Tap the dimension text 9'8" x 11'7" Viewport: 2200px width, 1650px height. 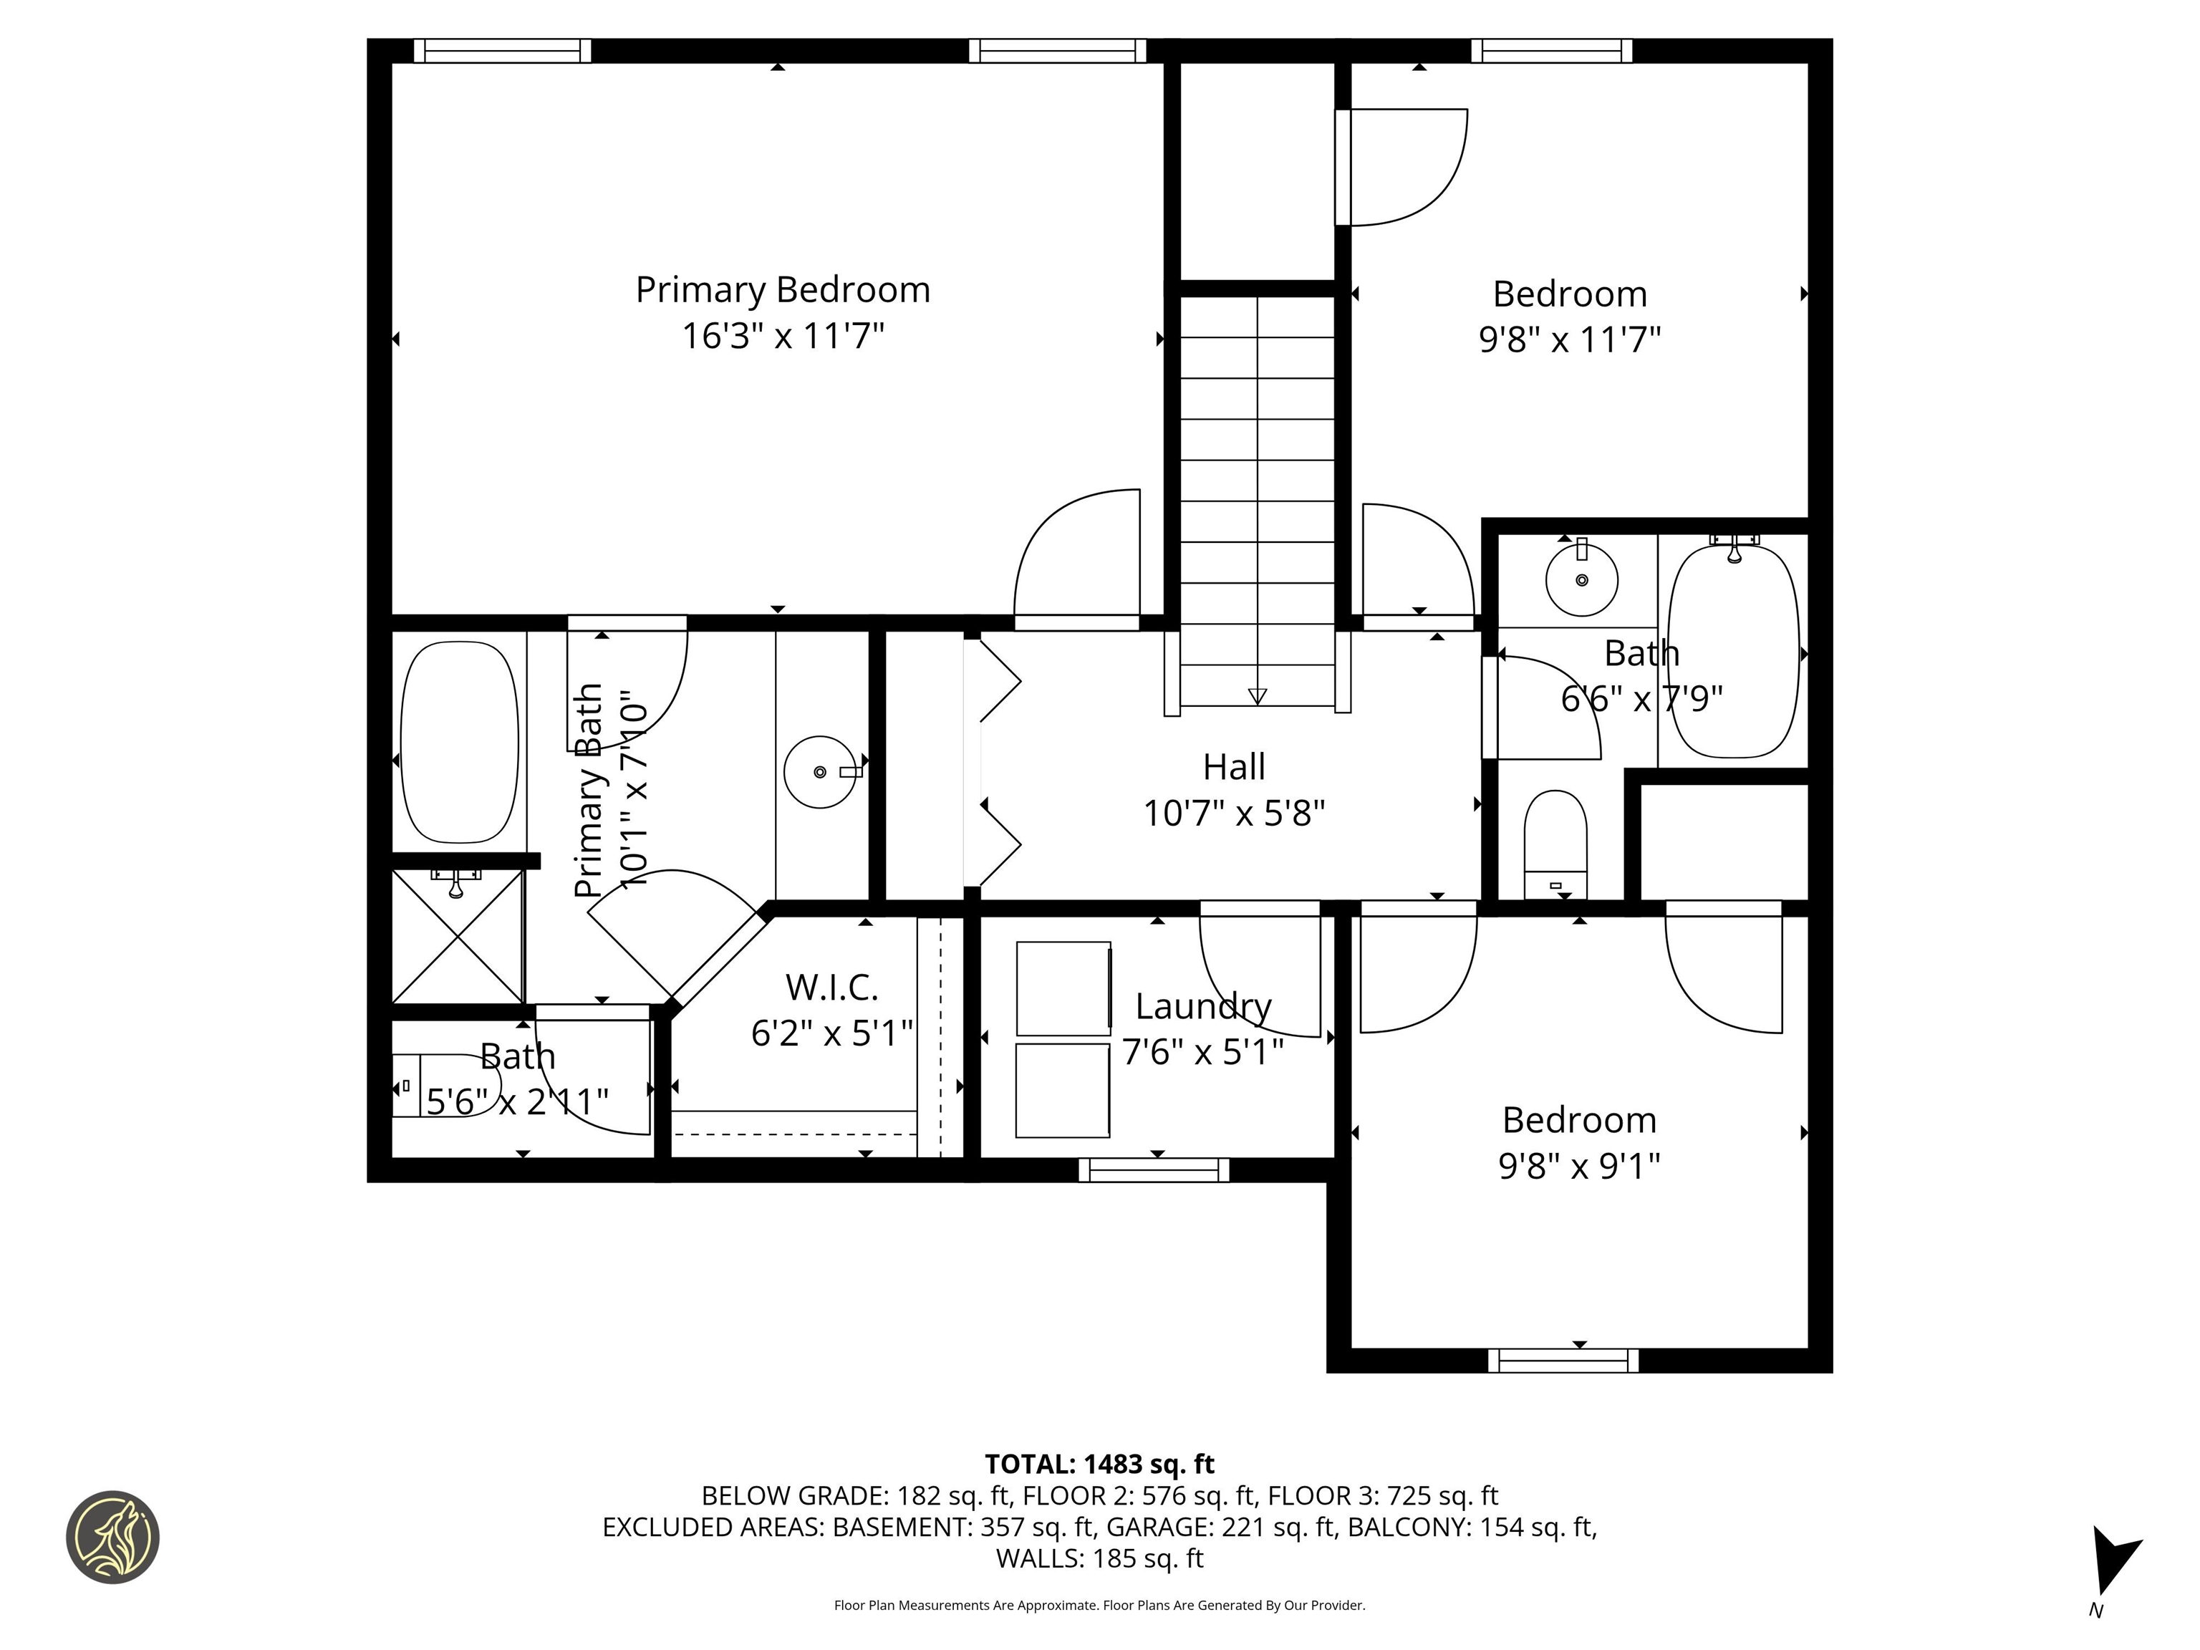[x=1570, y=340]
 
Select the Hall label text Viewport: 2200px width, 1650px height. [x=1233, y=767]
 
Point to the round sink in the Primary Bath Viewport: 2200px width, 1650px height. [x=819, y=772]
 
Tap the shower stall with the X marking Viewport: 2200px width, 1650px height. [x=458, y=936]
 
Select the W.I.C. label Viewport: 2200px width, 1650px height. [x=831, y=988]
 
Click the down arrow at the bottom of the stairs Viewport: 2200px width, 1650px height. [x=1257, y=696]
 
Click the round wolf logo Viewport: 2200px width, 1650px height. [x=112, y=1537]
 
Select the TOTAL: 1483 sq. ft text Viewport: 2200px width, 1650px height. [x=1099, y=1464]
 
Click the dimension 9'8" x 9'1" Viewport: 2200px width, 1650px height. [x=1579, y=1166]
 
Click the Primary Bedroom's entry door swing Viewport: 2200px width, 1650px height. [x=1076, y=557]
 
